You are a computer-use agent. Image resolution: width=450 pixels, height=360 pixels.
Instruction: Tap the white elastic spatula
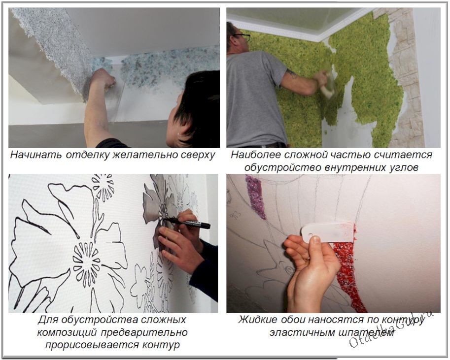coord(328,231)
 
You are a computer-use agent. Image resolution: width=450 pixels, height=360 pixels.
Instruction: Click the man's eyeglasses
coord(242,36)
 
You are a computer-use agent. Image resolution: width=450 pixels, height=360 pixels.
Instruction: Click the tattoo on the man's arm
coord(292,74)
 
